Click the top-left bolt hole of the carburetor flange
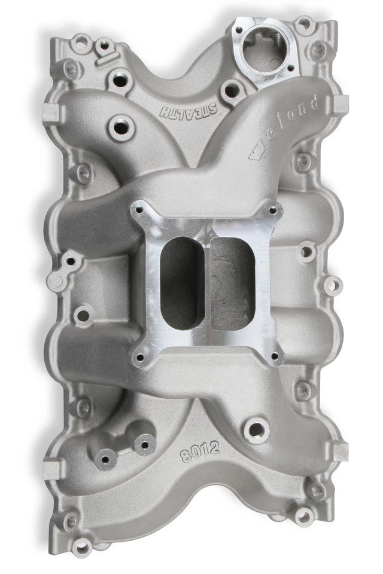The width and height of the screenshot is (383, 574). click(141, 210)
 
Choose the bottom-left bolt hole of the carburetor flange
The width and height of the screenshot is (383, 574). click(140, 358)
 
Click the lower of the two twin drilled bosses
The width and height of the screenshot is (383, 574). click(106, 459)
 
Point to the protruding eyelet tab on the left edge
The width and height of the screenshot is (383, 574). click(57, 281)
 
